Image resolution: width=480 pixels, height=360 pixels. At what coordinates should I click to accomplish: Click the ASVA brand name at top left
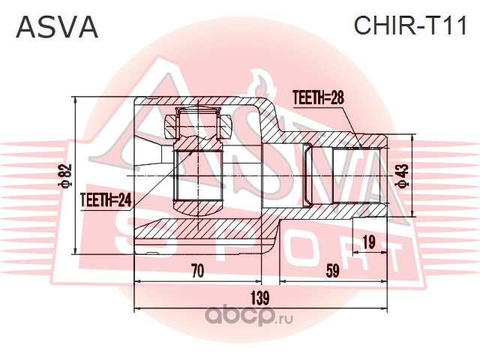57,27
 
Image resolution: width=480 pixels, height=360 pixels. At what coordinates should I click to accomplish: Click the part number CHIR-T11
410,25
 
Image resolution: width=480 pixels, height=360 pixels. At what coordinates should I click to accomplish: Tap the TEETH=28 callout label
318,98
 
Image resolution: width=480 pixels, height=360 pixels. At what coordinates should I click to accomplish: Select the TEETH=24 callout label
106,200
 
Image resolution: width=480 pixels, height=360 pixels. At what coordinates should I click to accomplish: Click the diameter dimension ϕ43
403,175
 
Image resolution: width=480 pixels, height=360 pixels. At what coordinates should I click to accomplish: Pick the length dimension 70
198,271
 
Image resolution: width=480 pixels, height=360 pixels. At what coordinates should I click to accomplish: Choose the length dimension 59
333,271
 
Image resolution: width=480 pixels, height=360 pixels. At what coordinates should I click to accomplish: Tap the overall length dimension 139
260,298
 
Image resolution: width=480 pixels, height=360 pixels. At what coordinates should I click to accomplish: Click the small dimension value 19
370,242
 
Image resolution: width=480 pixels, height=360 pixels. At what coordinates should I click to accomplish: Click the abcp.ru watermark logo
249,317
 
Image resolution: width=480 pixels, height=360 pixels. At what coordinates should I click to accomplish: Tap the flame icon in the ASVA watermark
263,84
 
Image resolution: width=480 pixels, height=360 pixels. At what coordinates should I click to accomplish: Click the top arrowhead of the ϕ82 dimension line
76,100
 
